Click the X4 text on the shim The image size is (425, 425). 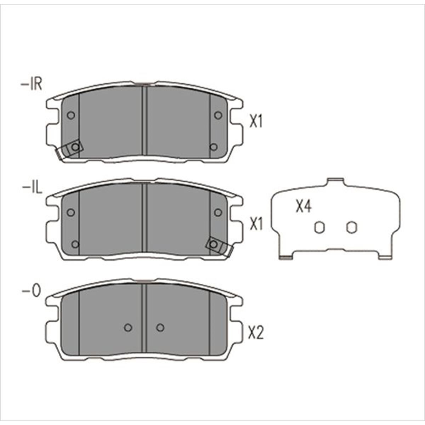click(x=304, y=206)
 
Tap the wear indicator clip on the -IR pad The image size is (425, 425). click(x=70, y=149)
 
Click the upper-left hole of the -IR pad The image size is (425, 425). click(x=71, y=115)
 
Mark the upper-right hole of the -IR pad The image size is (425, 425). click(x=218, y=115)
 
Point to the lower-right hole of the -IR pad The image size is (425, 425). click(x=213, y=147)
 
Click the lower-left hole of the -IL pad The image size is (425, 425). click(x=75, y=244)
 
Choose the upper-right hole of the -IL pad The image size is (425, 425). click(x=218, y=212)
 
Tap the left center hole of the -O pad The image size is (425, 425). click(x=128, y=328)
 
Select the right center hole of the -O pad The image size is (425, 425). click(x=160, y=328)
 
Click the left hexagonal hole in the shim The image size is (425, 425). click(x=319, y=227)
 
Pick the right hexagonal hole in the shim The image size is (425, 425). click(x=351, y=227)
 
